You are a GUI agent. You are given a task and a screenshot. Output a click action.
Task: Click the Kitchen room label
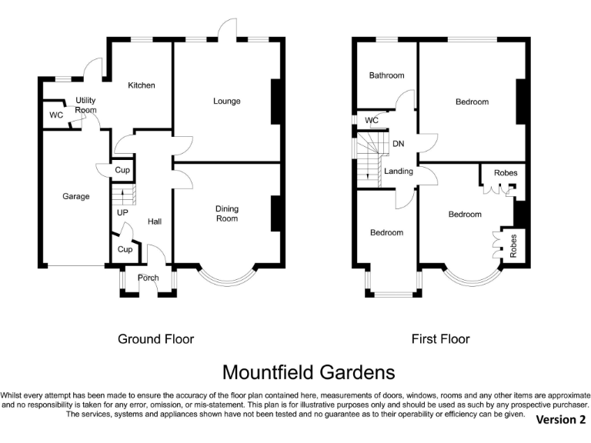142,85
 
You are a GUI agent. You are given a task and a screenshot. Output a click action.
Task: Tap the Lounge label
226,102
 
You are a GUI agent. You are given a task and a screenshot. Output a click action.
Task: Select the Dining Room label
226,214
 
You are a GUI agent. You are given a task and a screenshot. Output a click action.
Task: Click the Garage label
76,196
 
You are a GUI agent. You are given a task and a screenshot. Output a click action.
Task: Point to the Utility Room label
85,105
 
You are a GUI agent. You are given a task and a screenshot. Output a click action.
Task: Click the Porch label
148,278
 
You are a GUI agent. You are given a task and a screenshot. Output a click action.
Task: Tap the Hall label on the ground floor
155,221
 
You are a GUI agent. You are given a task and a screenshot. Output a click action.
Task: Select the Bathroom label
386,75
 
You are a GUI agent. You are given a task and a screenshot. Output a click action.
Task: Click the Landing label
399,172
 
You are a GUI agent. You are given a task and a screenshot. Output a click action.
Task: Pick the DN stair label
398,144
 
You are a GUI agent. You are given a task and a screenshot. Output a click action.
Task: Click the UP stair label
122,212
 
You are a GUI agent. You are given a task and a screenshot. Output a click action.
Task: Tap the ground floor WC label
56,115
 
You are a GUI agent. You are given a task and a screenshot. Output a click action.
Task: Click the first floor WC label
372,121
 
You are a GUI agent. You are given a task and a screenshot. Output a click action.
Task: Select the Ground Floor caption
155,338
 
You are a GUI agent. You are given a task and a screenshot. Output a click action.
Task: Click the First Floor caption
440,338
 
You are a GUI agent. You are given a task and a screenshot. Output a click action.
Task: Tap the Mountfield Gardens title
308,373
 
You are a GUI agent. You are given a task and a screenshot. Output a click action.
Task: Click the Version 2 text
560,419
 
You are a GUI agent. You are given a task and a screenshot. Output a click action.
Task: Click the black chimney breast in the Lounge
275,102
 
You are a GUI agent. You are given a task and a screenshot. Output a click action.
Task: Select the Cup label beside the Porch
125,249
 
